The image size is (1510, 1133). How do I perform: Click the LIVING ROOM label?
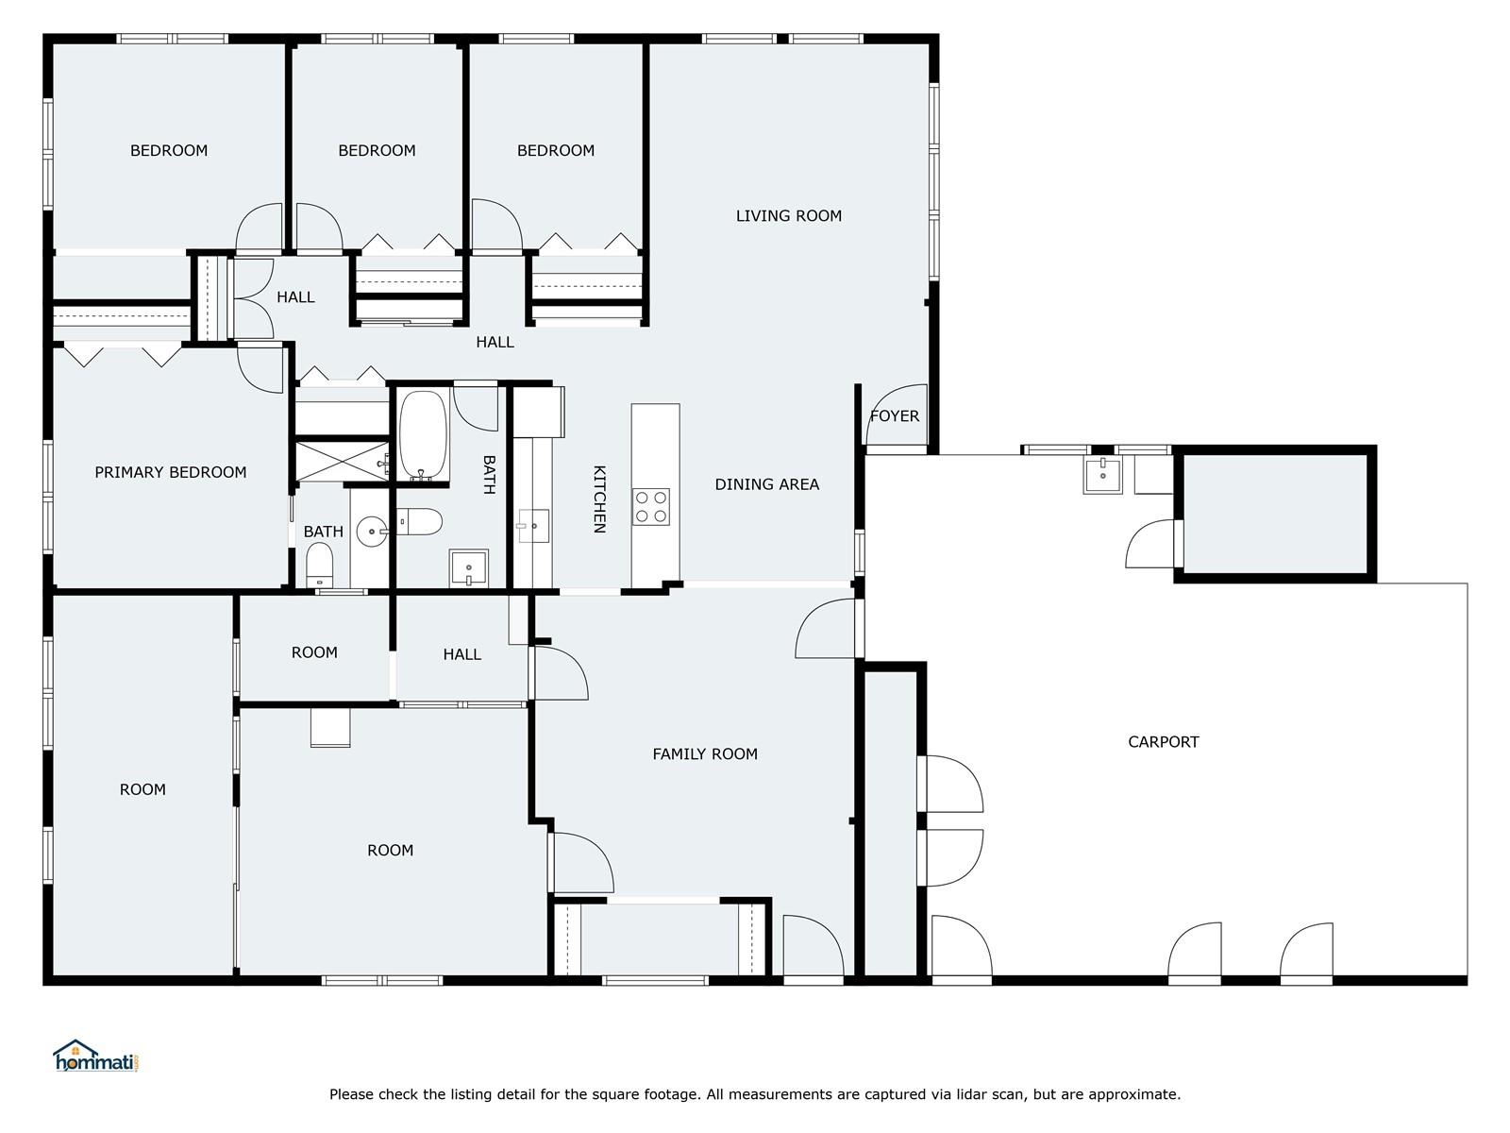point(788,216)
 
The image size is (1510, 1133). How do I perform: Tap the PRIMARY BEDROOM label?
point(171,473)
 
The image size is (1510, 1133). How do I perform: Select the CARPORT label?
point(1164,742)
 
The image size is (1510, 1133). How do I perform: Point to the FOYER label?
point(895,416)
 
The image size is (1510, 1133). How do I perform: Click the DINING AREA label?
point(767,484)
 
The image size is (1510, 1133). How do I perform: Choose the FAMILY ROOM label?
point(705,754)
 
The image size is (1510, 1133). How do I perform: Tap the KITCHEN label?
point(599,499)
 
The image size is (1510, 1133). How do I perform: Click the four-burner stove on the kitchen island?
point(651,507)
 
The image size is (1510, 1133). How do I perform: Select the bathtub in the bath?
point(424,435)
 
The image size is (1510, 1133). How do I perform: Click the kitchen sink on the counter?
point(534,526)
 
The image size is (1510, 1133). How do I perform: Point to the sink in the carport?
point(1102,475)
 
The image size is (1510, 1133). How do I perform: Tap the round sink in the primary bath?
point(372,532)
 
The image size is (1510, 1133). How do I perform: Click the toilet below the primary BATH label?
point(319,565)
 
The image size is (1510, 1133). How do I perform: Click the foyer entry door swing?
point(898,414)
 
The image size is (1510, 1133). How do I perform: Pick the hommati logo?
point(96,1056)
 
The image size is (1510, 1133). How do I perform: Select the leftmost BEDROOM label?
point(169,151)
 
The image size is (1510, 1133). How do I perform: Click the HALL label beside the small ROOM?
point(462,654)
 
